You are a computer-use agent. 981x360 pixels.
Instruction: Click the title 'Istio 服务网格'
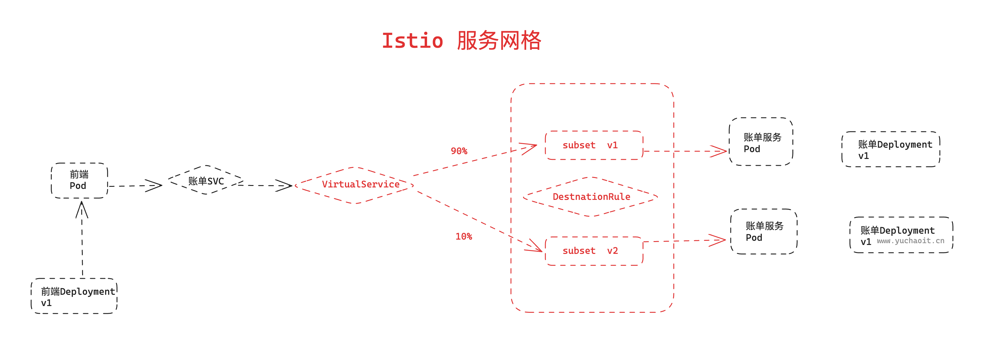click(x=461, y=40)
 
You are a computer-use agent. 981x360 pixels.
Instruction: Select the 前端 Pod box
click(x=79, y=180)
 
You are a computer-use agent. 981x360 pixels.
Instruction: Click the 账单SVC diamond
click(x=206, y=180)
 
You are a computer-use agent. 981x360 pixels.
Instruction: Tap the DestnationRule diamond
click(x=591, y=197)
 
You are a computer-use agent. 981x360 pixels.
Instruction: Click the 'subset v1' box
click(x=594, y=145)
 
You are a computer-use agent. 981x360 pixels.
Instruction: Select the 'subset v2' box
click(x=594, y=251)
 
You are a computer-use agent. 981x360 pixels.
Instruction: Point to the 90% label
click(x=459, y=151)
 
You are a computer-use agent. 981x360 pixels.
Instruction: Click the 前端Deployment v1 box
click(x=74, y=296)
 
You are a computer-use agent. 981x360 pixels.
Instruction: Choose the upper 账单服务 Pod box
click(x=761, y=142)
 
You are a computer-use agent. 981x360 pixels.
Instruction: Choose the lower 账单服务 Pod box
click(x=764, y=231)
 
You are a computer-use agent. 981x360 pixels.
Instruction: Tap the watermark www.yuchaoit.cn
click(x=910, y=241)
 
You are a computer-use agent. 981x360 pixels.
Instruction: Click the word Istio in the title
click(x=413, y=40)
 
